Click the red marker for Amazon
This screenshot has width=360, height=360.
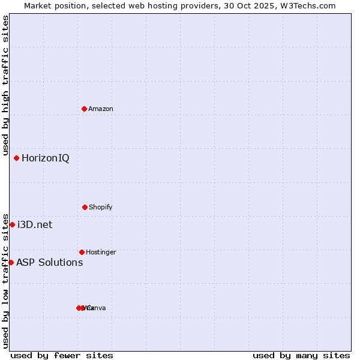pyautogui.click(x=85, y=109)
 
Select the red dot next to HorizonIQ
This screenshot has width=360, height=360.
pyautogui.click(x=17, y=158)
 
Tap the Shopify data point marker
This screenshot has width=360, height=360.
pyautogui.click(x=85, y=207)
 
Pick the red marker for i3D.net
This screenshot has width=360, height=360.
pyautogui.click(x=12, y=224)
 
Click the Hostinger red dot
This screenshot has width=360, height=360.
pyautogui.click(x=82, y=252)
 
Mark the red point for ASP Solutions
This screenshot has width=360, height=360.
pyautogui.click(x=11, y=262)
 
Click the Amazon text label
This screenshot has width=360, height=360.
pyautogui.click(x=101, y=109)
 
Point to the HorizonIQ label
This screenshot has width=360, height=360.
pyautogui.click(x=46, y=158)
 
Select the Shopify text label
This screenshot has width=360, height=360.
pyautogui.click(x=101, y=207)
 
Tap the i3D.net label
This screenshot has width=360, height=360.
pyautogui.click(x=35, y=225)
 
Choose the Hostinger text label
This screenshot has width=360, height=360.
pyautogui.click(x=101, y=252)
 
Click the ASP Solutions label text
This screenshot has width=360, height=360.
pyautogui.click(x=49, y=262)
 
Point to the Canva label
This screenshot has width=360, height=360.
pyautogui.click(x=97, y=308)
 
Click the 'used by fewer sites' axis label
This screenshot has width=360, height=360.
pyautogui.click(x=62, y=355)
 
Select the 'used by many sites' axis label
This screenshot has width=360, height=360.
pyautogui.click(x=301, y=355)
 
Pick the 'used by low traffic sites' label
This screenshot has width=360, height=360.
pyautogui.click(x=5, y=280)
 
